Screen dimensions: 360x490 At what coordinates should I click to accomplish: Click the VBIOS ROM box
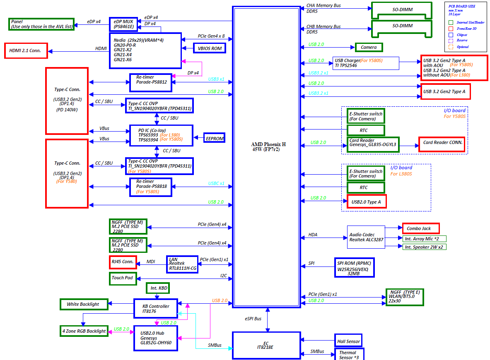point(210,48)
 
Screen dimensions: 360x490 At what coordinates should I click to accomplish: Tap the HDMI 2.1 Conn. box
point(26,51)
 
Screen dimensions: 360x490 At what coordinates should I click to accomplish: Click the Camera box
point(369,47)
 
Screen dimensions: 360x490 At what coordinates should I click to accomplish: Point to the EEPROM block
point(215,138)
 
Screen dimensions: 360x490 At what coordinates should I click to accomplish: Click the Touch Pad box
point(123,278)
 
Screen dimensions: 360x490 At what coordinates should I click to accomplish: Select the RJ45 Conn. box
point(123,262)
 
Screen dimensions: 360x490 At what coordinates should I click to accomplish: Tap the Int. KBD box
point(158,288)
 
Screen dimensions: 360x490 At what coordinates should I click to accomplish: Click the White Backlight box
point(83,304)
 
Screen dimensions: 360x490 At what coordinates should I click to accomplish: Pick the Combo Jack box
point(420,228)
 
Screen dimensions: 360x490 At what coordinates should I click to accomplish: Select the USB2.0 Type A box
point(367,202)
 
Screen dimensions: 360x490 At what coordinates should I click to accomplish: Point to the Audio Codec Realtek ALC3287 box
point(366,237)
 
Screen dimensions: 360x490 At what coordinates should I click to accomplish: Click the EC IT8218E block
point(266,345)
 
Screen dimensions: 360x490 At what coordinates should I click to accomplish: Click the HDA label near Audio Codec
point(313,235)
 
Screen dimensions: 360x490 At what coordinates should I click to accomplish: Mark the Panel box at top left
point(41,24)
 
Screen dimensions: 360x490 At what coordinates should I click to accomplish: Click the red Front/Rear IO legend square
point(451,29)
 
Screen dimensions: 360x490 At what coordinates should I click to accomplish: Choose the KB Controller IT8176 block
point(155,309)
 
